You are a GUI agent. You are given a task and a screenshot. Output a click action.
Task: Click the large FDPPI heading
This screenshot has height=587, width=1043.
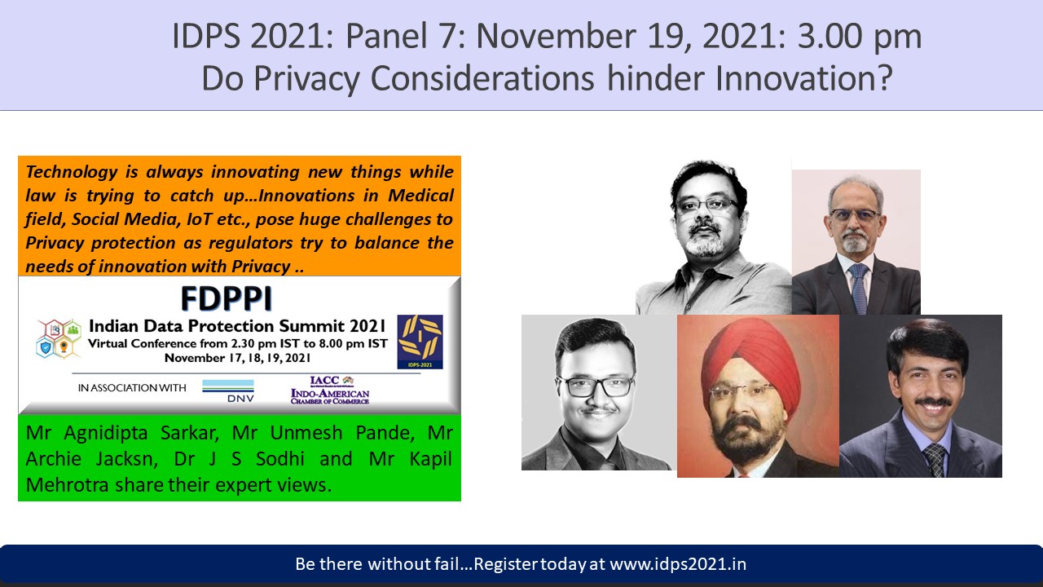click(x=227, y=298)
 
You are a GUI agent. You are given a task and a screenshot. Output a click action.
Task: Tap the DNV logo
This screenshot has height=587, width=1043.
click(x=228, y=391)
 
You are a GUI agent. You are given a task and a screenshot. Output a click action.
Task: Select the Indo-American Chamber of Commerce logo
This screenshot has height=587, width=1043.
click(x=330, y=390)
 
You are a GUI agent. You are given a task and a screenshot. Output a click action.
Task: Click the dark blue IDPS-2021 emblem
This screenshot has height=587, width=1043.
click(x=420, y=342)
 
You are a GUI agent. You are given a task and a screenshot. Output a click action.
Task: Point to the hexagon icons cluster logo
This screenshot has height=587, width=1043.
click(x=59, y=338)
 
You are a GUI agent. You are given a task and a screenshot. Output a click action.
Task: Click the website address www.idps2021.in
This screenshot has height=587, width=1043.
click(x=678, y=564)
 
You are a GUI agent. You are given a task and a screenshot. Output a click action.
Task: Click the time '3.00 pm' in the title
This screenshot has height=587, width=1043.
click(x=860, y=38)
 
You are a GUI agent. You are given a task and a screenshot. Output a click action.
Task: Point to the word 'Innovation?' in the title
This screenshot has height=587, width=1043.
click(x=804, y=77)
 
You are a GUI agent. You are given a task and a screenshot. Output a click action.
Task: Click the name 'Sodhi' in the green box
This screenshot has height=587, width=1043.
click(x=279, y=459)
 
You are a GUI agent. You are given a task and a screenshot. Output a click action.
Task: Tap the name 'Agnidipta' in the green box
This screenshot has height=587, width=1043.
click(x=106, y=434)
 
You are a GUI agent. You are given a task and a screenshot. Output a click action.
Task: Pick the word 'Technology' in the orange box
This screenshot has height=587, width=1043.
click(x=71, y=172)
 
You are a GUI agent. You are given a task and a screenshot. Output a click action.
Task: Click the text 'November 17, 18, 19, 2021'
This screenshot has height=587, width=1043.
click(x=237, y=358)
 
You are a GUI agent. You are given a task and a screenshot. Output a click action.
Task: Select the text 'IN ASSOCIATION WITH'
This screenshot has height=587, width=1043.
click(x=132, y=387)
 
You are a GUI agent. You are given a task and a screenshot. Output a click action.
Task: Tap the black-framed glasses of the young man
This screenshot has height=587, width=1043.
click(x=594, y=386)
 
